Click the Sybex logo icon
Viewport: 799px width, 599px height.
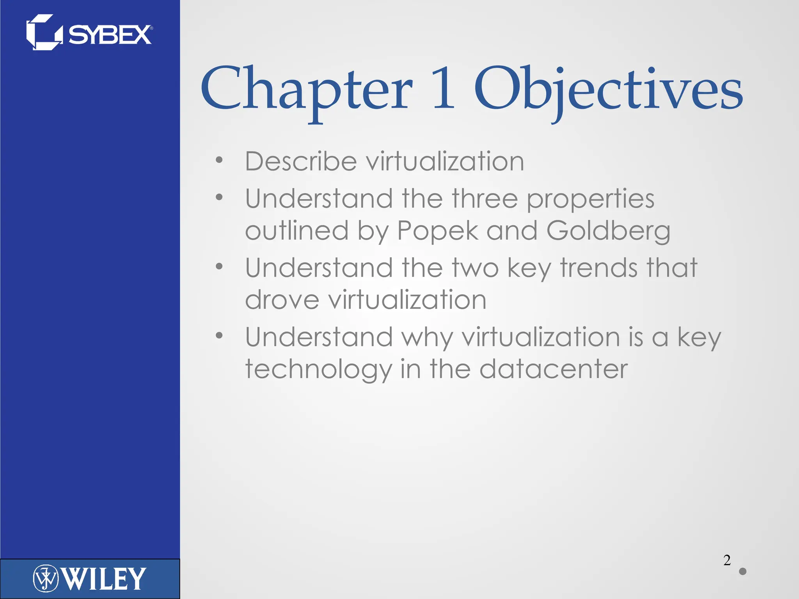pos(44,33)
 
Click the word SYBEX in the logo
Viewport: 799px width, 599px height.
pos(110,35)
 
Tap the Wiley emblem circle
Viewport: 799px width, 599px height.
pos(46,578)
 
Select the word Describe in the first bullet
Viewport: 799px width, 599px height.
pos(301,161)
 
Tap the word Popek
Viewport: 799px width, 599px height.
pos(438,230)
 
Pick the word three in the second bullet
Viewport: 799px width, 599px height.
pos(485,198)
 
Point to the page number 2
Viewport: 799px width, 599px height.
pos(727,560)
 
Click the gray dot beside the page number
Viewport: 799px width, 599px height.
pos(743,571)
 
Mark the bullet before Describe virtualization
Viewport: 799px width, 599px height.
pos(219,160)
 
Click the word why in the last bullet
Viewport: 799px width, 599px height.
pos(427,338)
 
